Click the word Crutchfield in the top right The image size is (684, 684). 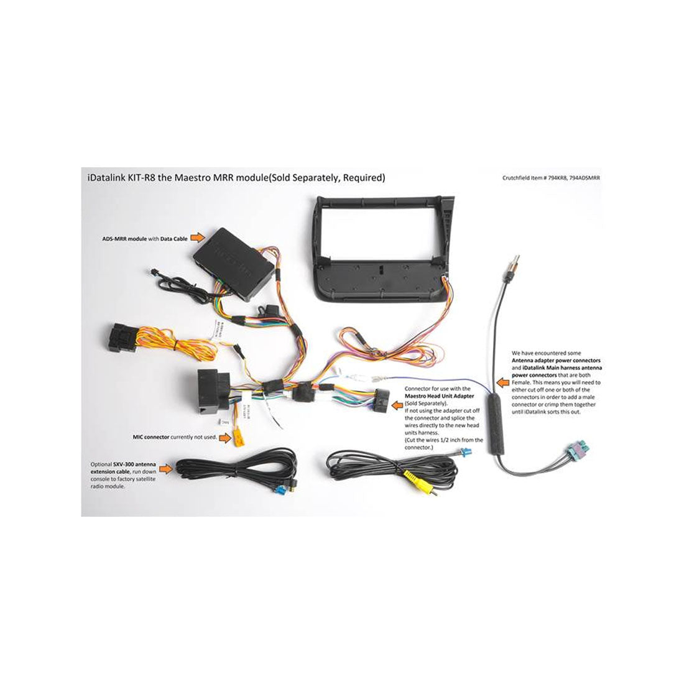(517, 178)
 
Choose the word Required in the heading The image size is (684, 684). (364, 178)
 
